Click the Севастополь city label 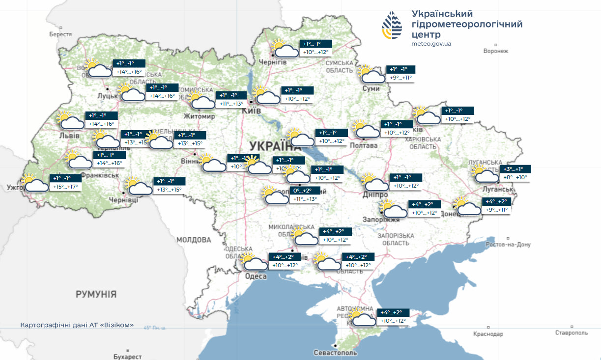click(x=336, y=353)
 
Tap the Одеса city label click(x=256, y=277)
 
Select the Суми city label click(x=371, y=88)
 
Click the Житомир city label click(x=199, y=116)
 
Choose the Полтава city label click(x=364, y=146)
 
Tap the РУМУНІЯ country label click(x=96, y=294)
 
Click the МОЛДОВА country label click(x=194, y=240)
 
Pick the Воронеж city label click(x=495, y=51)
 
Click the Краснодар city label click(x=488, y=334)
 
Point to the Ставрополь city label click(x=572, y=333)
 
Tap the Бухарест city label click(x=127, y=357)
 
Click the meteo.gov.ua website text click(x=431, y=44)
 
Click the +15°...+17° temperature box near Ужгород click(x=65, y=187)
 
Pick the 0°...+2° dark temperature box click(x=306, y=191)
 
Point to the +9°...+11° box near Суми click(x=401, y=78)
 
